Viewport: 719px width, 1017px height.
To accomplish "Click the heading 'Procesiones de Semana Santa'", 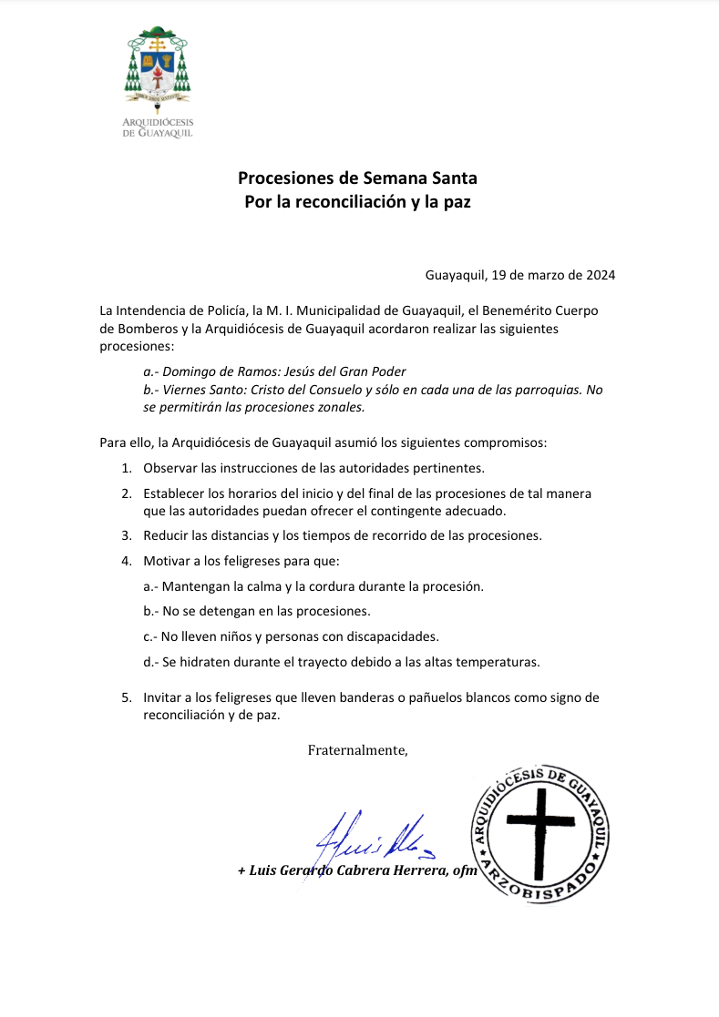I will click(357, 178).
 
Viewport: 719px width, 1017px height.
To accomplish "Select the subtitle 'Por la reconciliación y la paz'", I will click(357, 201).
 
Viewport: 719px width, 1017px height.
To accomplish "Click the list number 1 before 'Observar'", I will click(127, 469).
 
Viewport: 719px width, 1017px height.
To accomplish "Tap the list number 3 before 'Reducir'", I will click(127, 535).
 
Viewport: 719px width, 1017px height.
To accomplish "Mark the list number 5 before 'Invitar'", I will click(127, 697).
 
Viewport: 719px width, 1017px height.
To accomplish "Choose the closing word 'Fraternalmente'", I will click(357, 750).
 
